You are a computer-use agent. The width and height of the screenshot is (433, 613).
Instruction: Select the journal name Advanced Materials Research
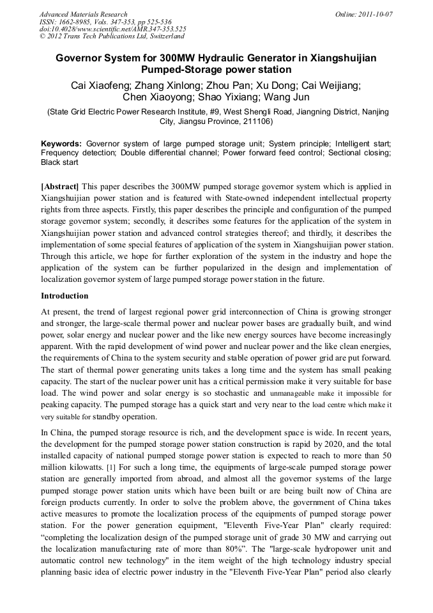[83, 14]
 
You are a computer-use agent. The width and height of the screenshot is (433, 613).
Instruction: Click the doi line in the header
[112, 29]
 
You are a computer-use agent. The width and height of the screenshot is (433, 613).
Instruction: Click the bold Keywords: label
[61, 144]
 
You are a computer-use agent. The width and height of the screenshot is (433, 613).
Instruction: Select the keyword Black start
[59, 162]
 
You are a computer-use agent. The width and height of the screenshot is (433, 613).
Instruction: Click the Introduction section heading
[65, 296]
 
